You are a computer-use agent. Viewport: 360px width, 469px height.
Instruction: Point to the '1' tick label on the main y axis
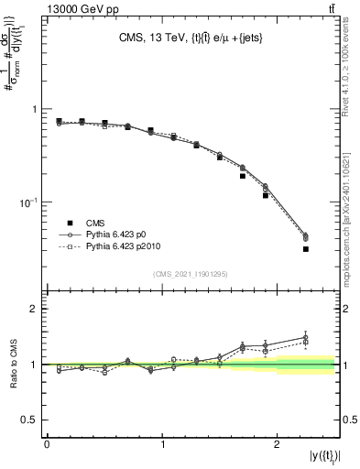[35, 109]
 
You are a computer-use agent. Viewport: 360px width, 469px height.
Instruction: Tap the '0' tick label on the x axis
[47, 444]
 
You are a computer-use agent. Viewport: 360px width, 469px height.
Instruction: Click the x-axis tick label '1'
[162, 444]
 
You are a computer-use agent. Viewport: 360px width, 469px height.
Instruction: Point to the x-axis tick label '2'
[278, 444]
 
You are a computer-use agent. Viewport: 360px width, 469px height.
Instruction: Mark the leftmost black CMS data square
[59, 121]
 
